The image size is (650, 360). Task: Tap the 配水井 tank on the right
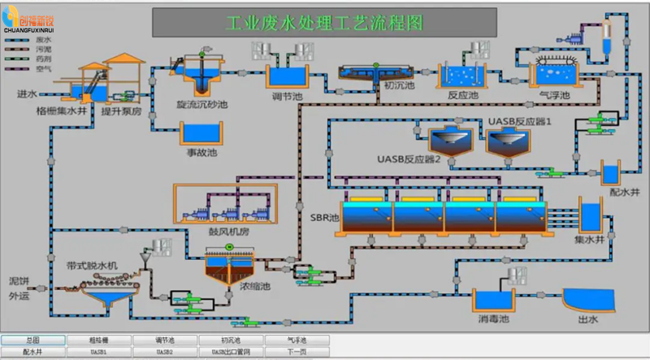point(610,173)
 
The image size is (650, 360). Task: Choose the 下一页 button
point(296,352)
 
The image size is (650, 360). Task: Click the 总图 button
point(32,340)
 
